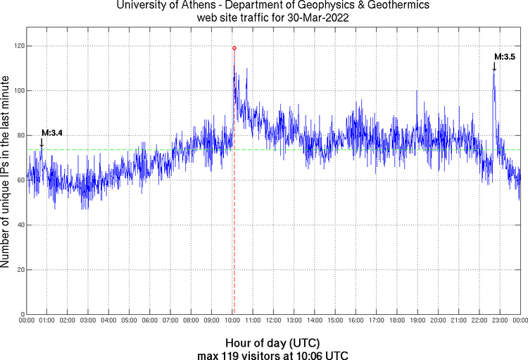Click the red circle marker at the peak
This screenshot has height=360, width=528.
(234, 48)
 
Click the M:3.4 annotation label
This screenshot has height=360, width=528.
(52, 132)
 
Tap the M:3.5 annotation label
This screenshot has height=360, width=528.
(505, 56)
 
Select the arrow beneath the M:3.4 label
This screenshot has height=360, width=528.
(42, 142)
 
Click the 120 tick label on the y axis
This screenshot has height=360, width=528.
(15, 46)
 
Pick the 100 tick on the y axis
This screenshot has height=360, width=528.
(15, 91)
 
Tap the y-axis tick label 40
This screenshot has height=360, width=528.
(18, 225)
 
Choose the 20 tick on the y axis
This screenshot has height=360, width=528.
(18, 270)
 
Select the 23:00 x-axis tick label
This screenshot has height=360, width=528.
(500, 321)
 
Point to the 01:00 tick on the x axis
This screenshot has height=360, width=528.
(46, 321)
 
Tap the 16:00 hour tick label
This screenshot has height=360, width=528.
(356, 321)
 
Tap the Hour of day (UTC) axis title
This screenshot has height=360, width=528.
(273, 342)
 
